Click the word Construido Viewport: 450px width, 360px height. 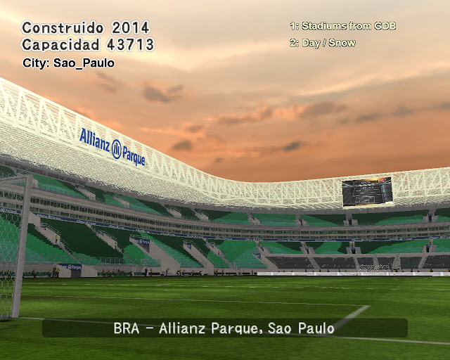pos(63,28)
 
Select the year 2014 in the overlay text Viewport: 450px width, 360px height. pos(131,28)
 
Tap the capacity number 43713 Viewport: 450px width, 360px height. pos(131,44)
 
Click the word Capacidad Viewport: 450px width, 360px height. pos(60,44)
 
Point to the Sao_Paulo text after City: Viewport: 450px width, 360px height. pos(84,63)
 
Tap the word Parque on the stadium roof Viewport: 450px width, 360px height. pos(134,156)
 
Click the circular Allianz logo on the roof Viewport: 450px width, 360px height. pos(116,149)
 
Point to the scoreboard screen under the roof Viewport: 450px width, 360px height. pos(367,191)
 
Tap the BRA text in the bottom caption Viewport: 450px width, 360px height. pos(127,328)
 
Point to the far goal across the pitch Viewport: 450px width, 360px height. pos(374,269)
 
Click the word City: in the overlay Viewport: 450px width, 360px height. pos(36,63)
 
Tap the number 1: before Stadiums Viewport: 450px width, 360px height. pos(295,26)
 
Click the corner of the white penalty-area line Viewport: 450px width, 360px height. pos(368,306)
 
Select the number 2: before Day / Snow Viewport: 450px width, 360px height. pos(295,43)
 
